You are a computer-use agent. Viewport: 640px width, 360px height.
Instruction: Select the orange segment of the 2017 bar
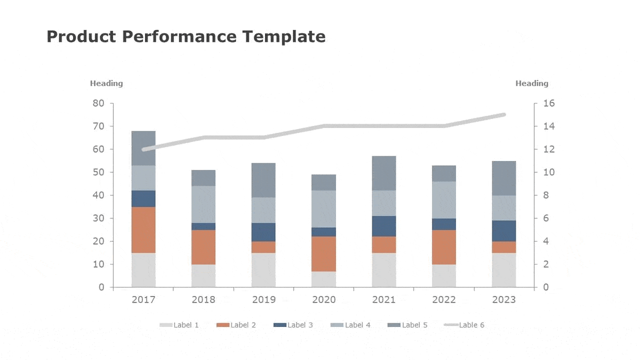(143, 230)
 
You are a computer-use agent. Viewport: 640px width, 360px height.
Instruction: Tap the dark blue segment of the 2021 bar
(384, 226)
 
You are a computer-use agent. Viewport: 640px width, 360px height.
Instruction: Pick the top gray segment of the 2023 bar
(504, 178)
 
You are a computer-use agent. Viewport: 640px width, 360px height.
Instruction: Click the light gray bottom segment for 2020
(324, 279)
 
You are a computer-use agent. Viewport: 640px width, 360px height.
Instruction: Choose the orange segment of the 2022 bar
(444, 247)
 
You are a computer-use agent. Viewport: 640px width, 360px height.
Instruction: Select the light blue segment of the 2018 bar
(203, 204)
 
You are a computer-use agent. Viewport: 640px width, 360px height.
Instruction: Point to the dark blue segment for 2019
(263, 232)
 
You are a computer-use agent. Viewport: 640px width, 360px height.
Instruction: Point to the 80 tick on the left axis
(99, 103)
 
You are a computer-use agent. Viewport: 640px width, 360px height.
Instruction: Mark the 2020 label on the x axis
(324, 300)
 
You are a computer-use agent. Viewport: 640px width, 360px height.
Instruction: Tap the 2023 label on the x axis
(504, 300)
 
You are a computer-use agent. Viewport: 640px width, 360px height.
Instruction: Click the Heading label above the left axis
(106, 83)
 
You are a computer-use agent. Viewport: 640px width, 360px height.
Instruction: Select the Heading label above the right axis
(532, 83)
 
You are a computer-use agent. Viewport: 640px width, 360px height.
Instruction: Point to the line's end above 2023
(503, 115)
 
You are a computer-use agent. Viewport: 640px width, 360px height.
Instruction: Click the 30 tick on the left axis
(99, 219)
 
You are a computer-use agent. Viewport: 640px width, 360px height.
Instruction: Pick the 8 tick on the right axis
(545, 196)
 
